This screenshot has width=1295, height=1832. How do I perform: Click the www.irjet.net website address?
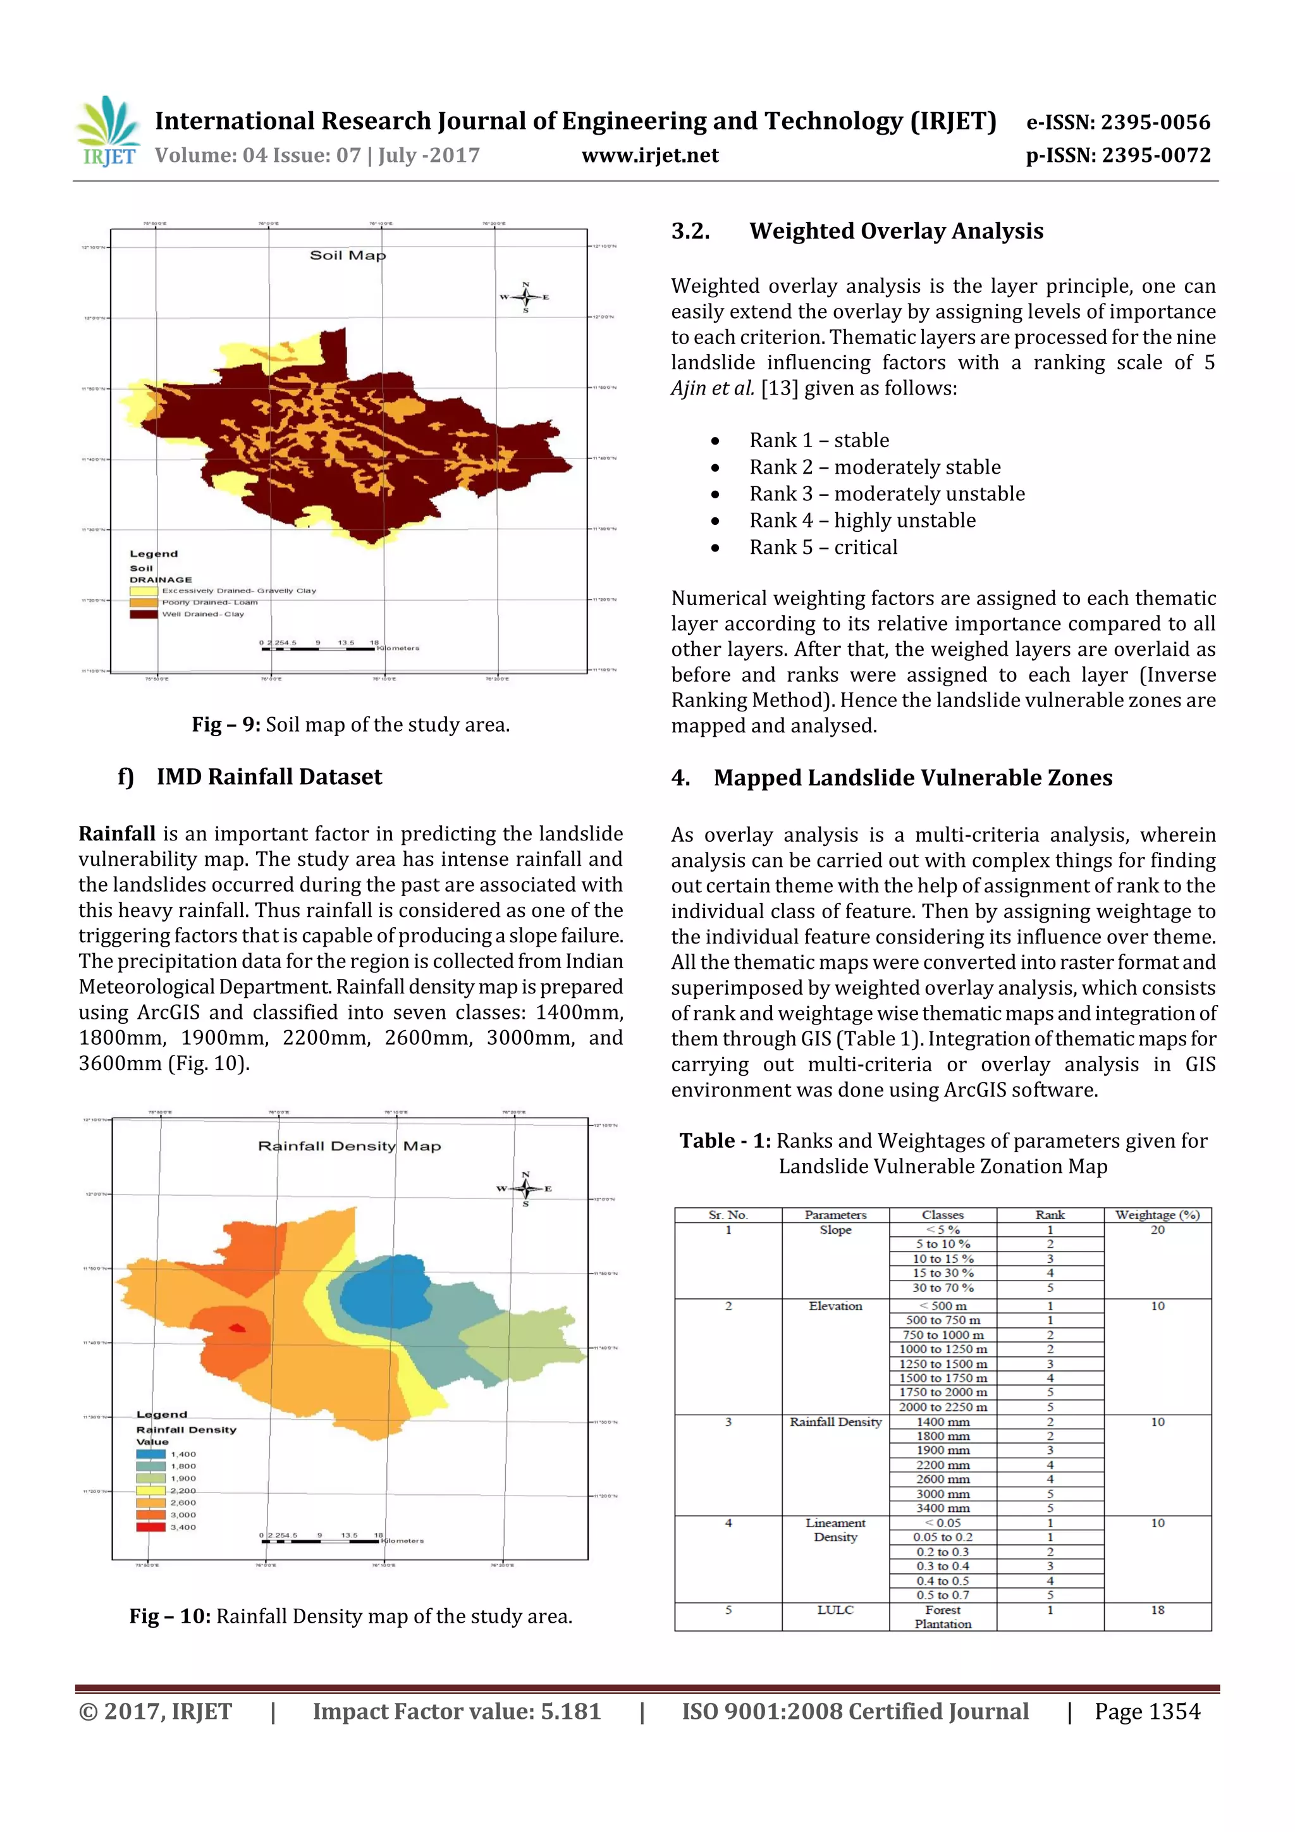click(x=649, y=155)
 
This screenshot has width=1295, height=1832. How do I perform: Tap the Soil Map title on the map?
click(x=347, y=255)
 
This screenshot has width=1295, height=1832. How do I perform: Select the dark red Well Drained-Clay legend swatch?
click(x=144, y=615)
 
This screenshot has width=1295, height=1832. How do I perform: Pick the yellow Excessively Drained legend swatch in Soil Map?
click(x=144, y=591)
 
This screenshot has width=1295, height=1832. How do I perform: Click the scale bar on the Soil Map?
click(x=318, y=649)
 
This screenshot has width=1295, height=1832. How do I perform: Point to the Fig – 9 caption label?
click(x=226, y=725)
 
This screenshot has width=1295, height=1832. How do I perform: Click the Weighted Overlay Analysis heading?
click(x=895, y=231)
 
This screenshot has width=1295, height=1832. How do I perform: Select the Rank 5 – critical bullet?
click(x=823, y=548)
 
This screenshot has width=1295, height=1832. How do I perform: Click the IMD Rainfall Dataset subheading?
click(x=269, y=777)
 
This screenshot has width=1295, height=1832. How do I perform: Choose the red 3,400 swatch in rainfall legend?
click(x=150, y=1527)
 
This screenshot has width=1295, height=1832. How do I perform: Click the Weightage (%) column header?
click(x=1157, y=1214)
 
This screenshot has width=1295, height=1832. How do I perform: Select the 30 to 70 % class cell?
click(x=942, y=1288)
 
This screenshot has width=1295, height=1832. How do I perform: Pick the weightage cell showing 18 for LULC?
click(x=1157, y=1610)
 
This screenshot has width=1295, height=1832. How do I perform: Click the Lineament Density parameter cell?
click(x=835, y=1530)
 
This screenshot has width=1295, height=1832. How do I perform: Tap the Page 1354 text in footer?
click(x=1146, y=1711)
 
